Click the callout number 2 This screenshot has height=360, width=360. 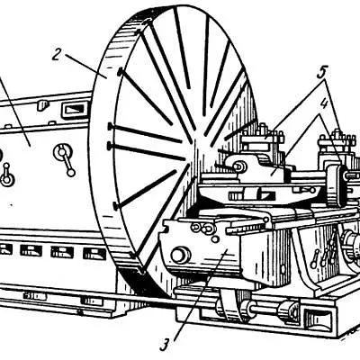57,54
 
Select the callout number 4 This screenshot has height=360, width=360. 322,105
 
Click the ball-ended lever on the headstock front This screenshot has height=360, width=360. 65,159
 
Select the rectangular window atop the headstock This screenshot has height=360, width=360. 75,109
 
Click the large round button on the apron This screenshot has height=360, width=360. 181,256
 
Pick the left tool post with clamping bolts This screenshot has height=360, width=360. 263,140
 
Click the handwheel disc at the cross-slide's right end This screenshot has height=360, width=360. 337,185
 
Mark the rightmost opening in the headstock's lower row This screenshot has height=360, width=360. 94,254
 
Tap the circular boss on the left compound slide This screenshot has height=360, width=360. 239,166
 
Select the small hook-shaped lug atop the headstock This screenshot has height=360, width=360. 43,105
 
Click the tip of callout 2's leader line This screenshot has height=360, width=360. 106,77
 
